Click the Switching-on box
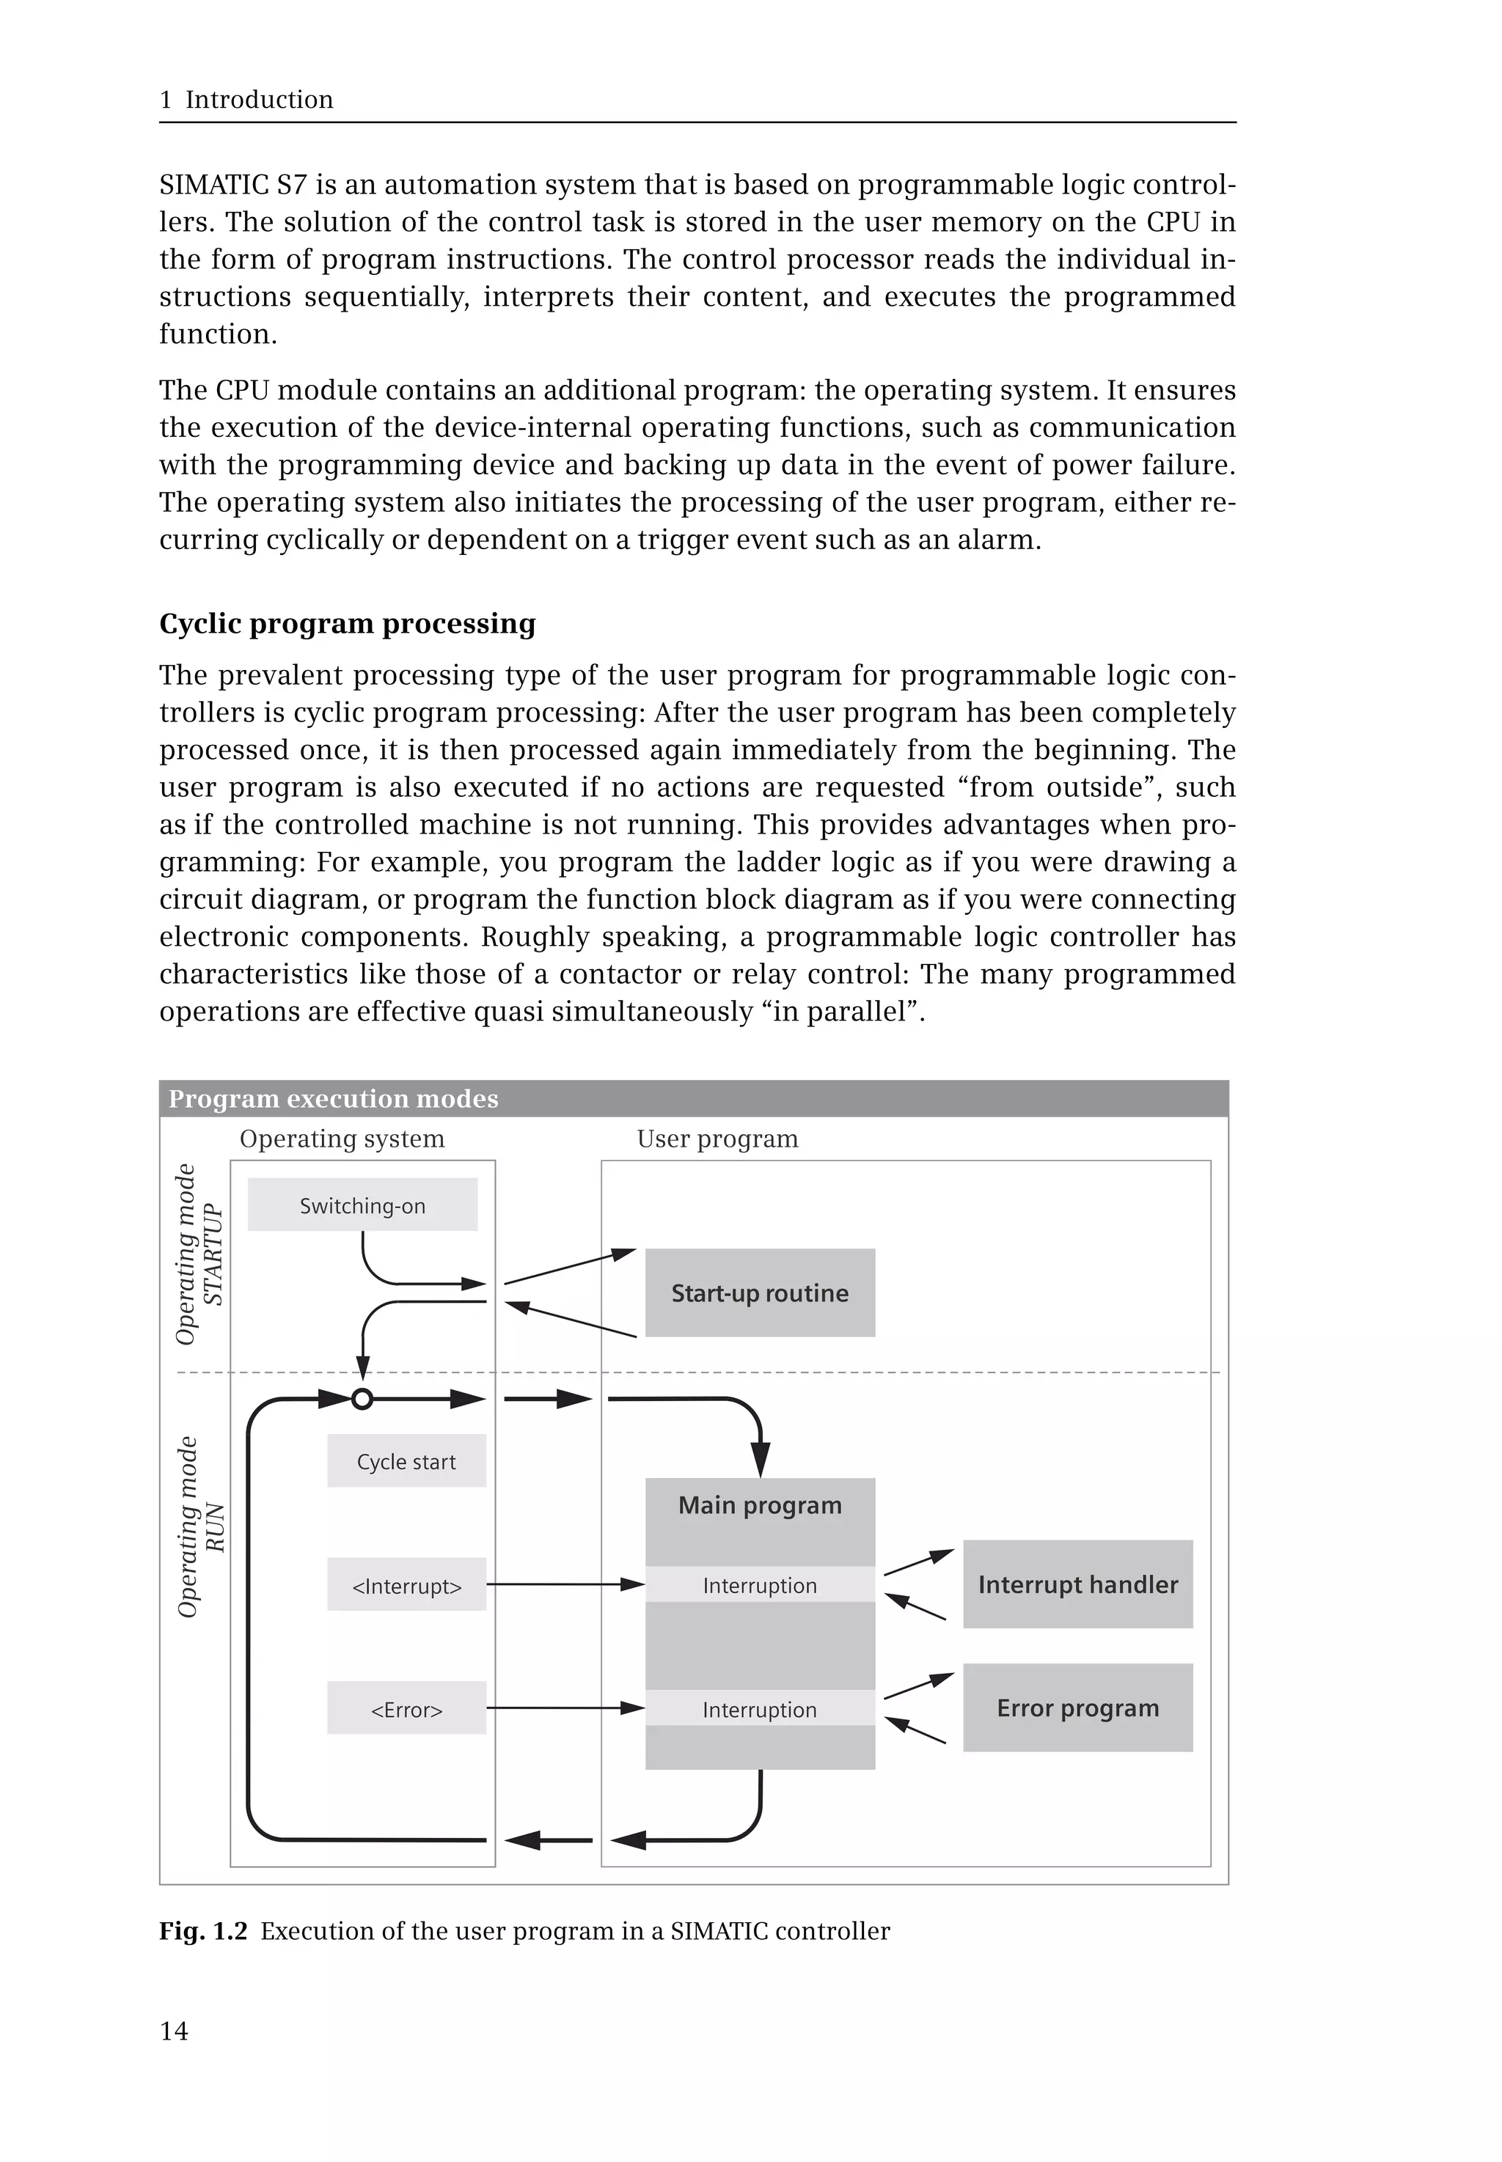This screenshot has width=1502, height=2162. click(362, 1205)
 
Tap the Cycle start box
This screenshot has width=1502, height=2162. click(406, 1461)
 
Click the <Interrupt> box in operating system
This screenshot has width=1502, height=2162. click(406, 1586)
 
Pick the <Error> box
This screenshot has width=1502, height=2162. click(406, 1710)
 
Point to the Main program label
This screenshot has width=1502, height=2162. click(760, 1505)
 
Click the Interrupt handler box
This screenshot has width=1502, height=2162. click(1077, 1584)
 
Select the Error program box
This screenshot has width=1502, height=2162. click(1077, 1707)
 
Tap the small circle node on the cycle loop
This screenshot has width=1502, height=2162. click(362, 1399)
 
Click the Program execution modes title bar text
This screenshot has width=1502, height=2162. click(333, 1099)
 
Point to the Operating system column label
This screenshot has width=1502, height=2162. click(342, 1139)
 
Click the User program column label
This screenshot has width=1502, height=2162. click(717, 1139)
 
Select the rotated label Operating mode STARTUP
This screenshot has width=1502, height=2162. click(199, 1254)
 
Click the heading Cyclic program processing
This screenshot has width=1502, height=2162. click(348, 624)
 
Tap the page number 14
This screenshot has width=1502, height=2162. click(174, 2032)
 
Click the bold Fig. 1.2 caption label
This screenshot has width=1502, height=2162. click(202, 1930)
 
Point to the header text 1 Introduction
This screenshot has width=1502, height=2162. click(246, 100)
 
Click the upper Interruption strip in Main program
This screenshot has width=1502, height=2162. click(760, 1585)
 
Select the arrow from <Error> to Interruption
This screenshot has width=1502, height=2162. click(565, 1707)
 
